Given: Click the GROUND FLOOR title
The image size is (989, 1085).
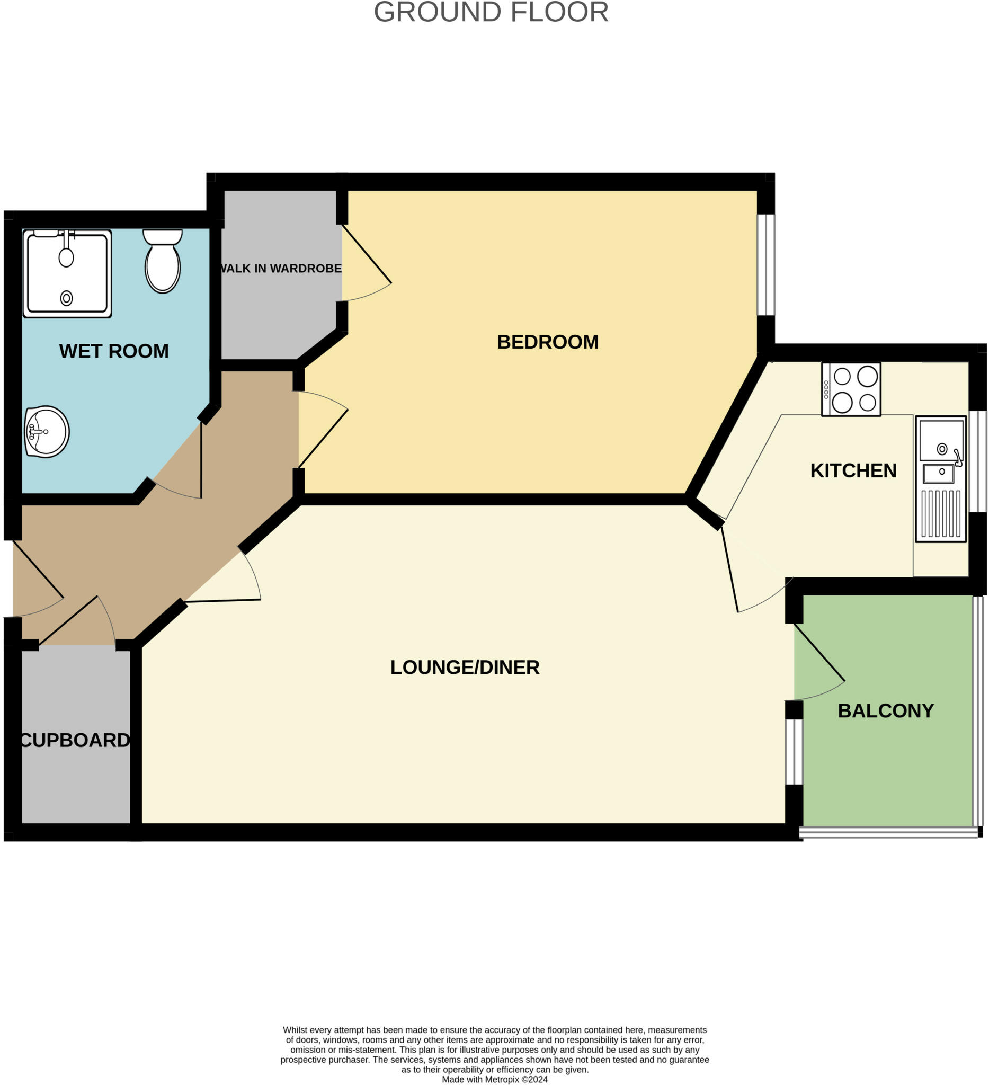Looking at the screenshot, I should pos(491,12).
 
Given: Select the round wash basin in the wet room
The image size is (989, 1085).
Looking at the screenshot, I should pos(47,432).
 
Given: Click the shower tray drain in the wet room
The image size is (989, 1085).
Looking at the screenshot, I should pos(66,298).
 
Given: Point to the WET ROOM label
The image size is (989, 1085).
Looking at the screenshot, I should pos(113,351).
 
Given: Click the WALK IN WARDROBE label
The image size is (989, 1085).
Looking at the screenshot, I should pos(281,268).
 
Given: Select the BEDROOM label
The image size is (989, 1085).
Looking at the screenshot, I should pos(547,342).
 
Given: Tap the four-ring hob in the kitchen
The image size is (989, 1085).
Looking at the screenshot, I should pos(851,389).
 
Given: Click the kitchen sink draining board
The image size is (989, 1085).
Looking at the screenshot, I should pos(940,514).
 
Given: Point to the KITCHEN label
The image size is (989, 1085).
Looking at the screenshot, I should pos(853,470).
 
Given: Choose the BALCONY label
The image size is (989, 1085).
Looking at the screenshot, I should pos(885,710).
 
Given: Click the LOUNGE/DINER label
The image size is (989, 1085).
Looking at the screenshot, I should pos(465,667).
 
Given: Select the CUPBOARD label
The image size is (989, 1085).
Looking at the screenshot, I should pos(75,740).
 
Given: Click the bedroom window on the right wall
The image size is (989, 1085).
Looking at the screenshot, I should pos(765,265).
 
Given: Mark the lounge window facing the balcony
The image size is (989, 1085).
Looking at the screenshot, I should pos(794,752).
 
